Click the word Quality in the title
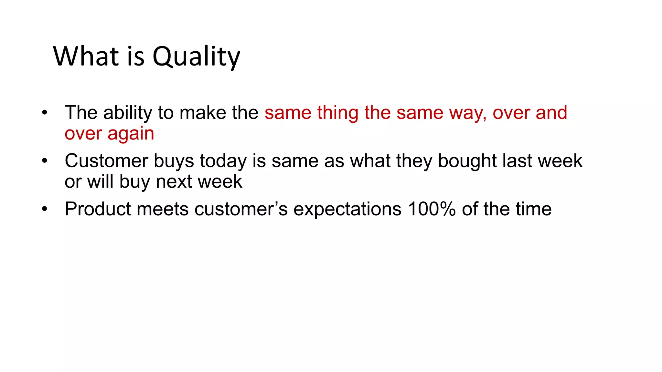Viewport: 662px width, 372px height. pyautogui.click(x=196, y=57)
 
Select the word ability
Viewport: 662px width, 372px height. pyautogui.click(x=128, y=113)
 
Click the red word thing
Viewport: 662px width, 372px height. pyautogui.click(x=337, y=113)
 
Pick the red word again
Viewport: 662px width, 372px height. pyautogui.click(x=131, y=134)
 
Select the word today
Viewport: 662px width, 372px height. pyautogui.click(x=223, y=161)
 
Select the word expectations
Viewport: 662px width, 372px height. pyautogui.click(x=347, y=209)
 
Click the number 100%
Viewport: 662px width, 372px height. pyautogui.click(x=432, y=209)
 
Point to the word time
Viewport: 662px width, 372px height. pyautogui.click(x=534, y=209)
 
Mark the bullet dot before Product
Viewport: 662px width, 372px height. pyautogui.click(x=45, y=209)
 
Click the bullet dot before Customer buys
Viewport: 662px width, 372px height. pyautogui.click(x=45, y=161)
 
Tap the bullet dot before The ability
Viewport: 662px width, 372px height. pyautogui.click(x=45, y=113)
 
